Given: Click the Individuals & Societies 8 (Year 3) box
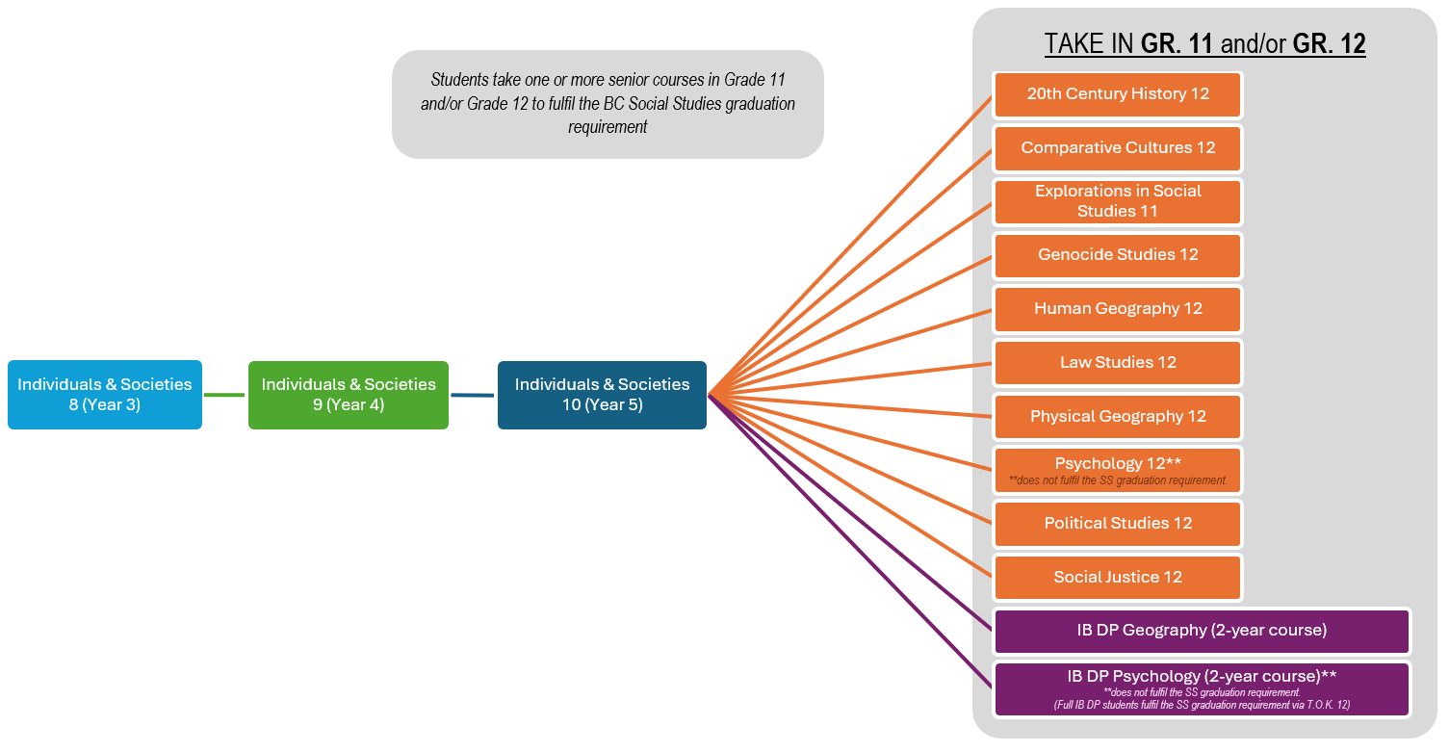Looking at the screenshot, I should click(x=104, y=395).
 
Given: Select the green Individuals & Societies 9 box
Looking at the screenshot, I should click(x=348, y=395).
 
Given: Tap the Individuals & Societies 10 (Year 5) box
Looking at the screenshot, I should click(x=602, y=395).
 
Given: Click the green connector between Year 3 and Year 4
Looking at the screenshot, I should click(x=224, y=394).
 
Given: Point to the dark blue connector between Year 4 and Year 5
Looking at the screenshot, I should click(x=472, y=394).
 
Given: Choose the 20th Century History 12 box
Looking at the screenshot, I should click(x=1117, y=94).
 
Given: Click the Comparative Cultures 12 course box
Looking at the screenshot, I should click(x=1117, y=148).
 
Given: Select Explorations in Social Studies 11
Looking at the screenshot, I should click(x=1117, y=201).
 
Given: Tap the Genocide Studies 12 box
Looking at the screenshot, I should click(x=1117, y=255).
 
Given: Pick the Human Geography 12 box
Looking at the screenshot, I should click(x=1117, y=309).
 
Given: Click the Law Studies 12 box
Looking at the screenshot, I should click(x=1117, y=363).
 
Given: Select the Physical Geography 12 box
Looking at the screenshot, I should click(x=1117, y=417).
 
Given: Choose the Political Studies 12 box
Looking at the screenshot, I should click(x=1117, y=524).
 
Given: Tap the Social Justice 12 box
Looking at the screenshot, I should click(x=1117, y=578).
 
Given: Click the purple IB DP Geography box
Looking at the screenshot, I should click(x=1202, y=631).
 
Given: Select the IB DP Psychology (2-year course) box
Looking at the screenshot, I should click(x=1202, y=677).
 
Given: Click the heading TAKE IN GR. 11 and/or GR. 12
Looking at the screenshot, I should click(x=1204, y=44).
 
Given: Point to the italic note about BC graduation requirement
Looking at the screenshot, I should click(x=608, y=103).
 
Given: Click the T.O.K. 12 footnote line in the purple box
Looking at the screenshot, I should click(x=1202, y=706).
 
